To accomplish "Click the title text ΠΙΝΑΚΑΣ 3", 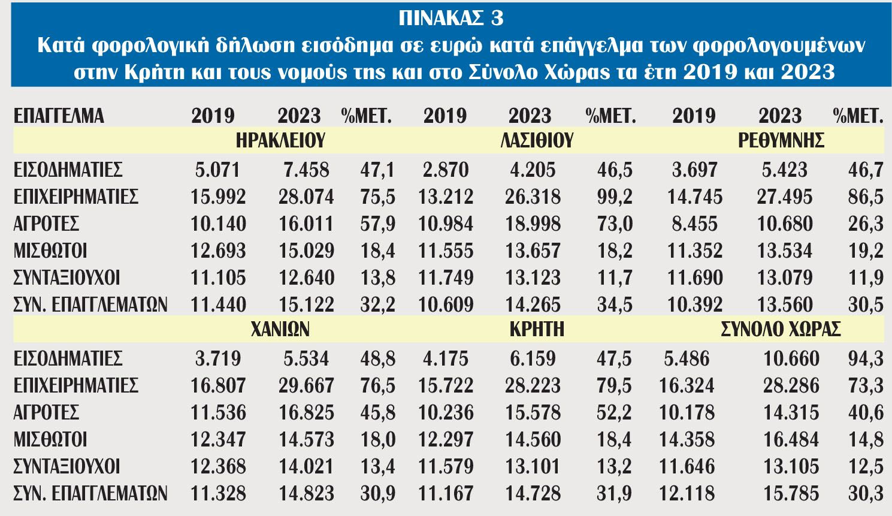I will tap(450, 19).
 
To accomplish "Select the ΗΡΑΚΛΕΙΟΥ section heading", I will tap(280, 141).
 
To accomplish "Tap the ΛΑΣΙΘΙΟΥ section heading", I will tap(537, 141).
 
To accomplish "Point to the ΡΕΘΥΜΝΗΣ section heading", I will tap(781, 141).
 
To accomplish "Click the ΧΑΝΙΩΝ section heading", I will tap(280, 329).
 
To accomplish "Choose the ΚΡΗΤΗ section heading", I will tap(537, 329).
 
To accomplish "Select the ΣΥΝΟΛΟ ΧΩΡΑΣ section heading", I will tap(781, 329).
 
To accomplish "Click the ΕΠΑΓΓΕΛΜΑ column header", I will tap(59, 116).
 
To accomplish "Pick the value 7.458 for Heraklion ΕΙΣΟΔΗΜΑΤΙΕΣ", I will tap(306, 170).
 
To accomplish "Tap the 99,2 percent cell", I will tap(615, 197).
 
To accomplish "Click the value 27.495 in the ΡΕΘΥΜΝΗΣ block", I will tap(785, 197).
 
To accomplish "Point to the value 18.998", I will tap(533, 224).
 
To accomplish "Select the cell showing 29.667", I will tap(306, 385).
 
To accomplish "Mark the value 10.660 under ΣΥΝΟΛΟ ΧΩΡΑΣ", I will tap(791, 358).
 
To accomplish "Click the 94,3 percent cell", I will tap(866, 358).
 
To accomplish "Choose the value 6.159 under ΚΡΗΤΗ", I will tap(533, 358).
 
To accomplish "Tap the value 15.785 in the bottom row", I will tap(791, 493).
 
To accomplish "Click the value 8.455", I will tap(694, 224).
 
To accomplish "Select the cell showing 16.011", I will tap(306, 224).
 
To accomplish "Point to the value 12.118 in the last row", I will tap(687, 493).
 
